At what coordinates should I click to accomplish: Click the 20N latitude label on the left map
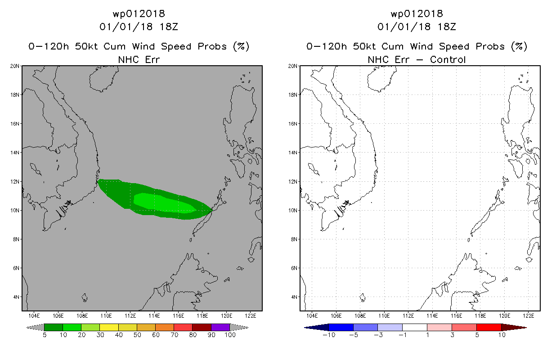click(15, 66)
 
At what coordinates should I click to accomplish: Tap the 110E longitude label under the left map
click(106, 316)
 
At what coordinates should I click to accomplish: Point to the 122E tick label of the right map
click(529, 316)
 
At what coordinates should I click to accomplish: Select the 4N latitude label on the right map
click(294, 297)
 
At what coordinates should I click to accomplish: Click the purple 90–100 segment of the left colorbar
click(220, 327)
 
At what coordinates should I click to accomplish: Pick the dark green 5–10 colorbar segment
click(54, 327)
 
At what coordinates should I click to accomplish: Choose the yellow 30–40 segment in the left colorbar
click(109, 327)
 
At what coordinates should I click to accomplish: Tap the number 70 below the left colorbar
click(174, 335)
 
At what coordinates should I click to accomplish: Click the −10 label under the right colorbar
click(329, 335)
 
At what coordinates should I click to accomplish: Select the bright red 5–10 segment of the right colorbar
click(489, 327)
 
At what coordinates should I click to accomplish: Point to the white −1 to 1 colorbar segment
click(415, 327)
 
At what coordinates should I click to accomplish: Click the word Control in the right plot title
click(448, 60)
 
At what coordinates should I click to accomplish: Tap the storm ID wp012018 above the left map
click(139, 14)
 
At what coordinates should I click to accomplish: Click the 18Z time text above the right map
click(447, 27)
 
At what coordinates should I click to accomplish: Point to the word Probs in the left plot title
click(212, 46)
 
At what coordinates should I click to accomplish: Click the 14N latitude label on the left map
click(15, 153)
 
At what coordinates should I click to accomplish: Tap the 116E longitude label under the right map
click(456, 316)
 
